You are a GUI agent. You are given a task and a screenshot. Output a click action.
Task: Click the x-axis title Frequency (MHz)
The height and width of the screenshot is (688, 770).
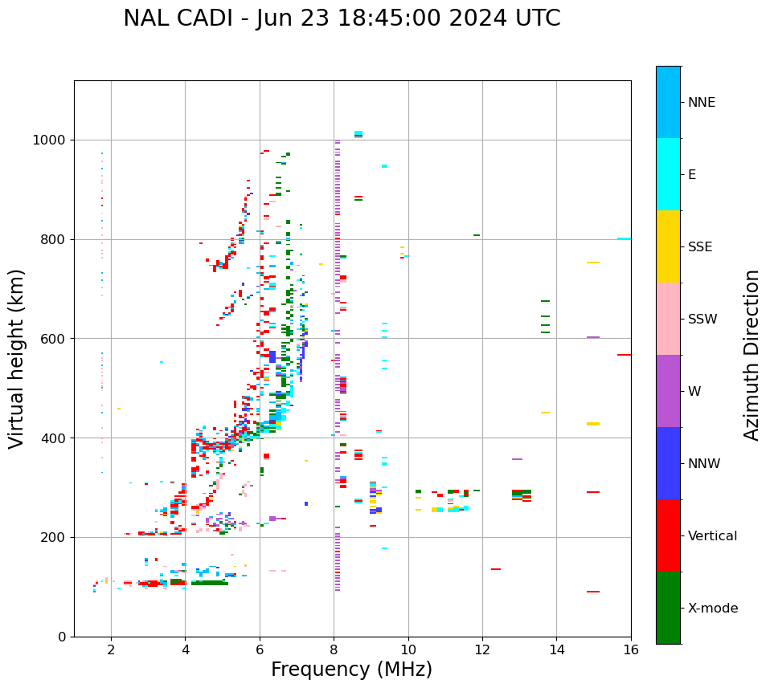pyautogui.click(x=351, y=670)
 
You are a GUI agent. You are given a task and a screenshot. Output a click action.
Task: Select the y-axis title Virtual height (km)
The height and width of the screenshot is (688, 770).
pyautogui.click(x=17, y=358)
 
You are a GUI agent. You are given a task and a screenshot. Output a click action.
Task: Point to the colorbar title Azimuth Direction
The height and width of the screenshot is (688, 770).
pyautogui.click(x=752, y=355)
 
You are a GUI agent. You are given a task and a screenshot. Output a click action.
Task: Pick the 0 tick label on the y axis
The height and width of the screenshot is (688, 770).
pyautogui.click(x=63, y=637)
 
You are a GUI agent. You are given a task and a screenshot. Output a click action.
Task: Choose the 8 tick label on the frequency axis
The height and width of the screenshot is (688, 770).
pyautogui.click(x=334, y=650)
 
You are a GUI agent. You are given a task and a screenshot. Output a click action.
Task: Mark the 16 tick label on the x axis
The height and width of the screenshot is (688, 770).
pyautogui.click(x=631, y=650)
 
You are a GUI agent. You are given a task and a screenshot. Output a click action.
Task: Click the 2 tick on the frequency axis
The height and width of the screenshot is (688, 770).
pyautogui.click(x=111, y=650)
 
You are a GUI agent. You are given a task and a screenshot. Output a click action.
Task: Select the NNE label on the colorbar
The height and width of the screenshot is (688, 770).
pyautogui.click(x=702, y=103)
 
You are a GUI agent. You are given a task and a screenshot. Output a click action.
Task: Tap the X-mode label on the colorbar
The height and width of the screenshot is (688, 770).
pyautogui.click(x=713, y=609)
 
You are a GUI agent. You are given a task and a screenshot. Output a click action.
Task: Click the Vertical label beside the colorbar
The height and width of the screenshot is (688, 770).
pyautogui.click(x=713, y=536)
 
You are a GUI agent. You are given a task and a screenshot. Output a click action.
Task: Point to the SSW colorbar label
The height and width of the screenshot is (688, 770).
pyautogui.click(x=702, y=320)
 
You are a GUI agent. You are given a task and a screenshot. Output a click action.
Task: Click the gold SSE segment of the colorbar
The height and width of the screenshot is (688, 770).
pyautogui.click(x=668, y=246)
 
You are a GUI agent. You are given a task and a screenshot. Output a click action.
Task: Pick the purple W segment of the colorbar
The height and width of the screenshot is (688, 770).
pyautogui.click(x=668, y=391)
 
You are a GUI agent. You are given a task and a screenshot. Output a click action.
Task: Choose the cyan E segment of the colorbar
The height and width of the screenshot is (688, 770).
pyautogui.click(x=668, y=174)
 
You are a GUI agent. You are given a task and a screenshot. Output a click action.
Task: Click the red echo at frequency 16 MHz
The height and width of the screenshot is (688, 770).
pyautogui.click(x=624, y=355)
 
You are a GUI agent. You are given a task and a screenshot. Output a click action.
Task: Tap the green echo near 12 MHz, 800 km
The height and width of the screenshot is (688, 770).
pyautogui.click(x=477, y=235)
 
